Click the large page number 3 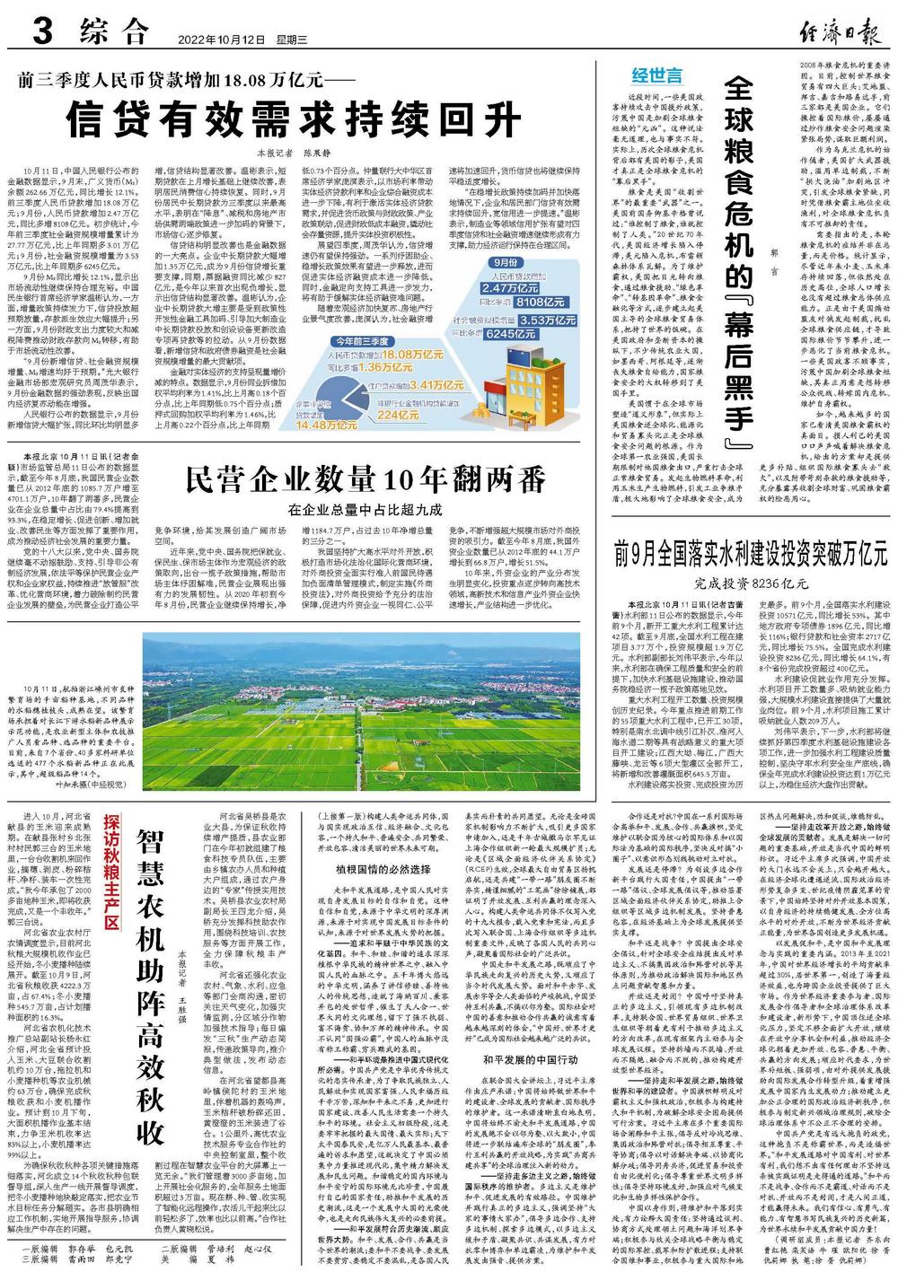41,33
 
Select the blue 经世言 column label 657,75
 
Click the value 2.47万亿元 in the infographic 510,289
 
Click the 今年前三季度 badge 362,342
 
